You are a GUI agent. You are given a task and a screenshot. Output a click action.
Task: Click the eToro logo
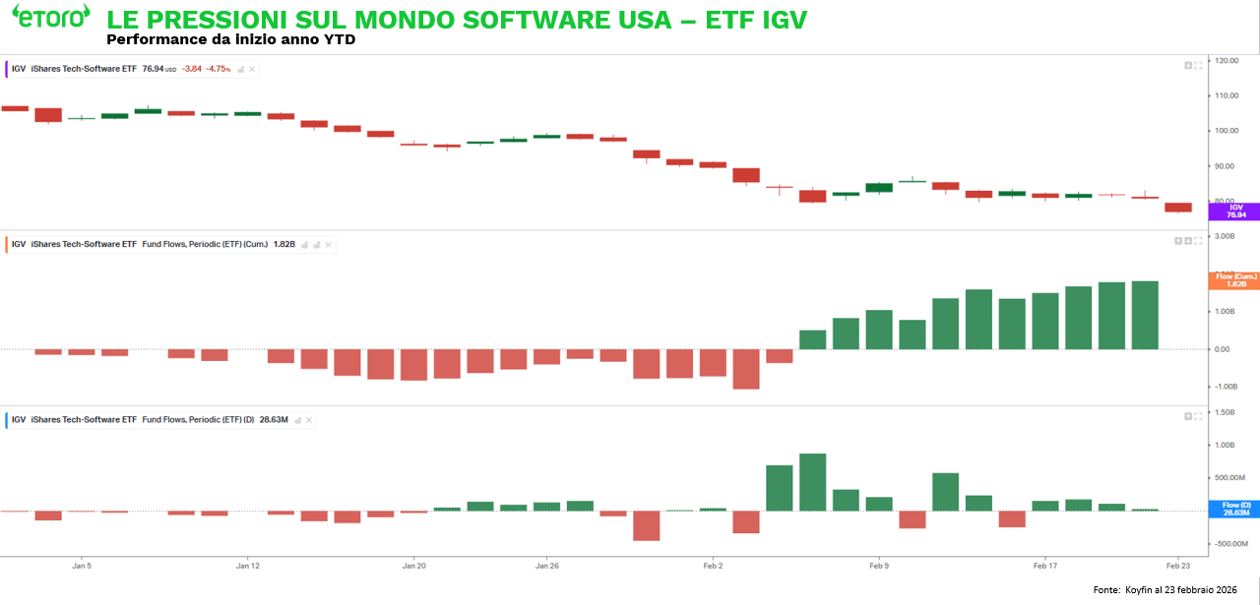[x=50, y=17]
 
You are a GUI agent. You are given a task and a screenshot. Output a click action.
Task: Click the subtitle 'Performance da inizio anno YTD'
[x=230, y=40]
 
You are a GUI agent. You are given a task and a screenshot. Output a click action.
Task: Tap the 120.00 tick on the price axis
[x=1226, y=61]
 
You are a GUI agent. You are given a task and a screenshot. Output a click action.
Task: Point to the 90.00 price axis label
[x=1226, y=165]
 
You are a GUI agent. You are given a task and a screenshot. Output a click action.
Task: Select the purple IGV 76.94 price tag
[x=1232, y=211]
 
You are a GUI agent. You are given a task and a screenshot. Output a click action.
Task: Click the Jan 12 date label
[x=248, y=567]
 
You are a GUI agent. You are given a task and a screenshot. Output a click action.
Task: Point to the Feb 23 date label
[x=1178, y=567]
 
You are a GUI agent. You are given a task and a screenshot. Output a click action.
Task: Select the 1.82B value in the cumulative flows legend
[x=285, y=244]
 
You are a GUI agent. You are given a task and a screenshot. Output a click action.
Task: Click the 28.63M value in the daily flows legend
[x=274, y=420]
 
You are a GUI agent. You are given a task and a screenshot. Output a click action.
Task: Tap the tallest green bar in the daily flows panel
[x=812, y=482]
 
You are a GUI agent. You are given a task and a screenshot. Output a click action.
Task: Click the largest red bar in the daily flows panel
[x=646, y=525]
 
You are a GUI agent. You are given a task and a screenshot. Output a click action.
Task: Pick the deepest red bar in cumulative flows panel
[x=746, y=369]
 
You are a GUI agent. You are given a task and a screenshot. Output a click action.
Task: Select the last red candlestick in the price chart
[x=1177, y=208]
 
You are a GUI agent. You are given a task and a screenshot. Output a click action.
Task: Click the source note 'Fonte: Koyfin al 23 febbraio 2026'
[x=1165, y=589]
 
